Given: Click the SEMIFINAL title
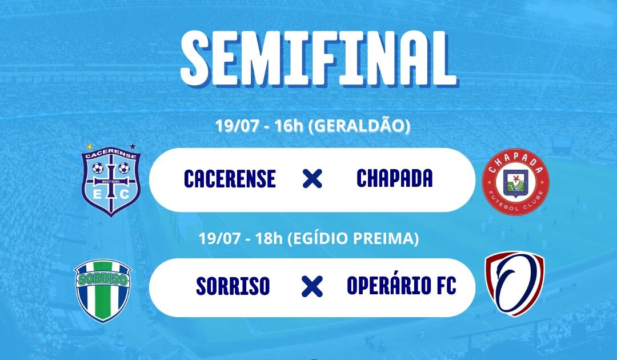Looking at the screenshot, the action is pos(318,58).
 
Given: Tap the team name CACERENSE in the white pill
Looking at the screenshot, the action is pos(230,179).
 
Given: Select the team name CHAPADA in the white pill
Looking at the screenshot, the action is pos(394,178).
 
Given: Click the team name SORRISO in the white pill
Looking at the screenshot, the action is pos(233,286).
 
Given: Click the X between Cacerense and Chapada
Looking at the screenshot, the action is pos(312,179).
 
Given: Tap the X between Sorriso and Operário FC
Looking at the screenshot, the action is pos(312,286).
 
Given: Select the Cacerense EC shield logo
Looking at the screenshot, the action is pos(111,180).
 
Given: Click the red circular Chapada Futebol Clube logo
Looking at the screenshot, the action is pos(515,182).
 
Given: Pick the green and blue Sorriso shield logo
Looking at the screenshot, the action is pos(103,290).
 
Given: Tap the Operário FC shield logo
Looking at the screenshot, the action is pos(514,283).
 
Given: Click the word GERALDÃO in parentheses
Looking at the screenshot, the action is pos(359,126).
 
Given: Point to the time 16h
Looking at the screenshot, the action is pos(289,126).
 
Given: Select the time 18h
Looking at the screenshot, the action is pos(269,238).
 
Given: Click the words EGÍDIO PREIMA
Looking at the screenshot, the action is pos(354,238).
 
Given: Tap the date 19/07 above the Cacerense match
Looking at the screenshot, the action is pos(237,126).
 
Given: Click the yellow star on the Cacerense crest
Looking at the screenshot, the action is pos(90,146).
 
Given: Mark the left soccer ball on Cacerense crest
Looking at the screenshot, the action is pos(98,169).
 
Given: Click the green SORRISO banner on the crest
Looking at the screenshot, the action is pos(103,278).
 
